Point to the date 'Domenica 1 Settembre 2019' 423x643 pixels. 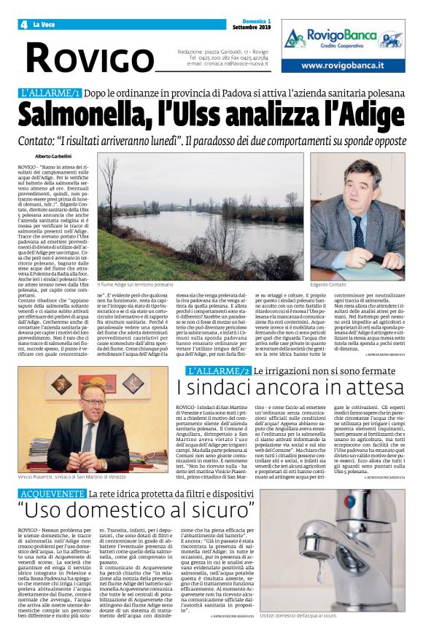[251, 26]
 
